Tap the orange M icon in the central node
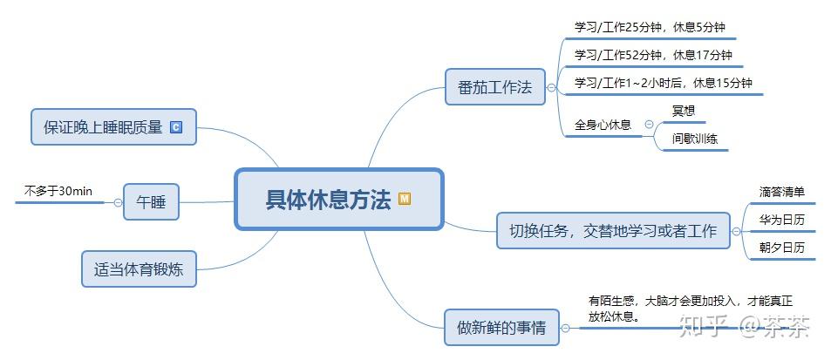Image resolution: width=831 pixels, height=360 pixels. click(x=405, y=199)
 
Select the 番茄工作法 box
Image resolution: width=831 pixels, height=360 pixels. click(x=494, y=87)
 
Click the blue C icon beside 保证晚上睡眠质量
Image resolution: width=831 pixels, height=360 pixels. click(x=176, y=127)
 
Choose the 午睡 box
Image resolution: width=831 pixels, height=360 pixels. click(x=151, y=202)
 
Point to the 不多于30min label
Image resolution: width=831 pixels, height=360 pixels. click(x=58, y=191)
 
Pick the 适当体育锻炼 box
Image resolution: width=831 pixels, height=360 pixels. click(x=139, y=268)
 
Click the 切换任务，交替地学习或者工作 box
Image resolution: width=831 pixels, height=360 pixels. click(x=612, y=231)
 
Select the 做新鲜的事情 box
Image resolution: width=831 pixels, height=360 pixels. click(x=501, y=328)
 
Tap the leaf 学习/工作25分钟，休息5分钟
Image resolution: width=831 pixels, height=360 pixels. click(x=650, y=27)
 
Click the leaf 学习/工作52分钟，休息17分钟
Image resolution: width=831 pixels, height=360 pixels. click(x=653, y=55)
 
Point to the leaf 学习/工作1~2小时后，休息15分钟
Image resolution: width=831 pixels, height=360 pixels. click(x=663, y=83)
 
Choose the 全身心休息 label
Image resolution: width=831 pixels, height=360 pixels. click(x=603, y=125)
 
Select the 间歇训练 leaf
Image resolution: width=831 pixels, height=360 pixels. click(x=694, y=139)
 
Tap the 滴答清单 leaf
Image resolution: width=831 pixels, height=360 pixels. click(x=781, y=192)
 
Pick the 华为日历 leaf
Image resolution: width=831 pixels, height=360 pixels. click(x=781, y=220)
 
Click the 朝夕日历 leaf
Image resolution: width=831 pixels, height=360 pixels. click(x=781, y=248)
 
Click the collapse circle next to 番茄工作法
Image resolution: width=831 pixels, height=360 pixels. click(x=551, y=87)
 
